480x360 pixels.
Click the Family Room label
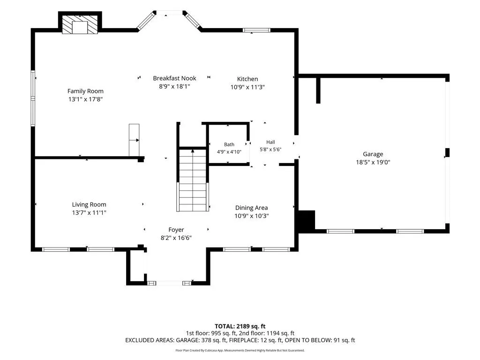click(x=85, y=91)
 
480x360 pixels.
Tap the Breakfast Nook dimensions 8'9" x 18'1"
click(x=174, y=86)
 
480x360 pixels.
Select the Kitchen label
click(x=247, y=79)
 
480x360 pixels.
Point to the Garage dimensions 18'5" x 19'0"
click(x=373, y=162)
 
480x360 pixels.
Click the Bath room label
click(x=229, y=144)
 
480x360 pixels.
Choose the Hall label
click(x=270, y=142)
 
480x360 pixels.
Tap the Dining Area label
click(x=251, y=208)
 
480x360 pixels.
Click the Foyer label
click(x=176, y=230)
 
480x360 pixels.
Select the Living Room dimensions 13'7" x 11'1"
click(x=89, y=212)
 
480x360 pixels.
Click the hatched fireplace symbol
click(x=80, y=24)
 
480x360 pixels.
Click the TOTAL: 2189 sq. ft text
click(x=240, y=326)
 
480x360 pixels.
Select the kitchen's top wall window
click(x=256, y=30)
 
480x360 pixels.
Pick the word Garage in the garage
click(x=373, y=154)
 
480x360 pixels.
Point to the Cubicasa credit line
click(x=240, y=350)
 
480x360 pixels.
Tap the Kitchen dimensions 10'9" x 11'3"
click(x=247, y=87)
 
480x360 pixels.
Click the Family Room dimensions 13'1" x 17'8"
click(x=85, y=99)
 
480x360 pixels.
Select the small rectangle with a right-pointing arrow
click(x=134, y=140)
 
